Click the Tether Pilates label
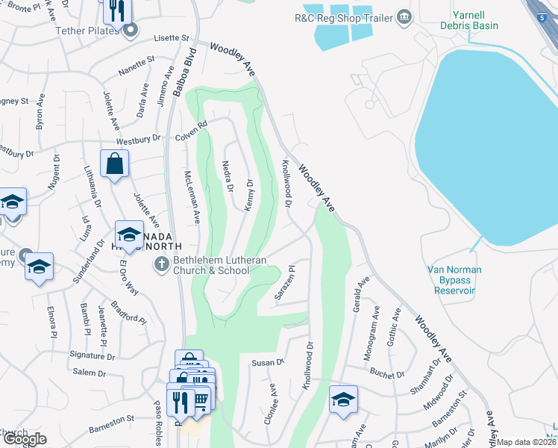point(87,31)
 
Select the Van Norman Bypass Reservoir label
point(454,279)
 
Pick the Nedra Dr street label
point(228,176)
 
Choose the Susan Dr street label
point(268,362)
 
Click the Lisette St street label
point(173,37)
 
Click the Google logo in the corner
point(25,439)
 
